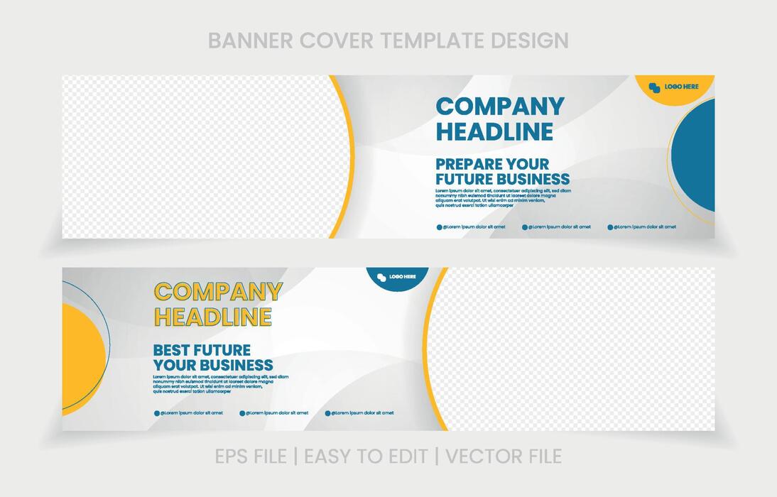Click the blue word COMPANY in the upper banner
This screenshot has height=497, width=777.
(x=500, y=106)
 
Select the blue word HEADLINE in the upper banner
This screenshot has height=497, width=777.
(x=494, y=131)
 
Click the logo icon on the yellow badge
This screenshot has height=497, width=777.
(x=654, y=87)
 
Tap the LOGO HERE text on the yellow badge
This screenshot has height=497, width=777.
(x=681, y=87)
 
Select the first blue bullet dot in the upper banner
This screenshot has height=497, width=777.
(x=439, y=227)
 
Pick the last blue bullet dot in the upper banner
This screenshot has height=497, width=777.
(x=609, y=227)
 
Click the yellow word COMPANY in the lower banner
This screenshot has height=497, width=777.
(x=219, y=292)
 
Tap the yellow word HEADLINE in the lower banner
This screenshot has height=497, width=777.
(x=213, y=317)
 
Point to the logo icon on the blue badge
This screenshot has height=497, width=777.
(x=381, y=277)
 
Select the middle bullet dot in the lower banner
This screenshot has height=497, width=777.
(x=242, y=413)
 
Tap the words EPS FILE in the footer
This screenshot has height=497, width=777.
(x=251, y=456)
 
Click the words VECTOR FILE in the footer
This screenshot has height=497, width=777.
(x=504, y=456)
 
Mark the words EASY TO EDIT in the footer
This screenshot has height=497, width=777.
(x=366, y=456)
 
